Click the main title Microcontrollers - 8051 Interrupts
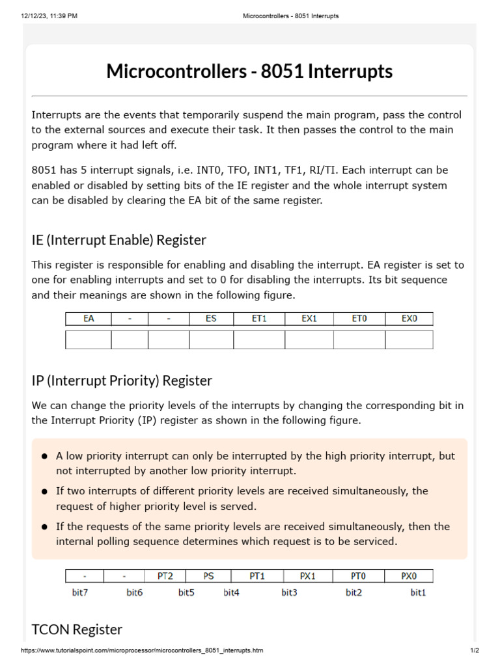point(249,71)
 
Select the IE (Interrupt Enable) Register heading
point(118,240)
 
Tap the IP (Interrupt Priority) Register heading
point(122,380)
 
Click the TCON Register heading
point(77,629)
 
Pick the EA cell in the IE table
point(89,319)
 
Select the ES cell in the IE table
point(211,319)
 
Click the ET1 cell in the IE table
point(259,319)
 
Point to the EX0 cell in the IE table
point(409,319)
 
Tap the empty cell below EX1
point(309,340)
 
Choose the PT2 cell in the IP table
point(167,576)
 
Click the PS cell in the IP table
point(208,576)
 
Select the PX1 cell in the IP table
point(307,576)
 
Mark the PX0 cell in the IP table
point(408,576)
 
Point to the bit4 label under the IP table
point(231,593)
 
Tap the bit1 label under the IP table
point(418,593)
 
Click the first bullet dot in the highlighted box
point(44,457)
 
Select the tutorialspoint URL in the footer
point(142,650)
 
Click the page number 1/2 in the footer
point(475,650)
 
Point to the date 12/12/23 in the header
point(35,16)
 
